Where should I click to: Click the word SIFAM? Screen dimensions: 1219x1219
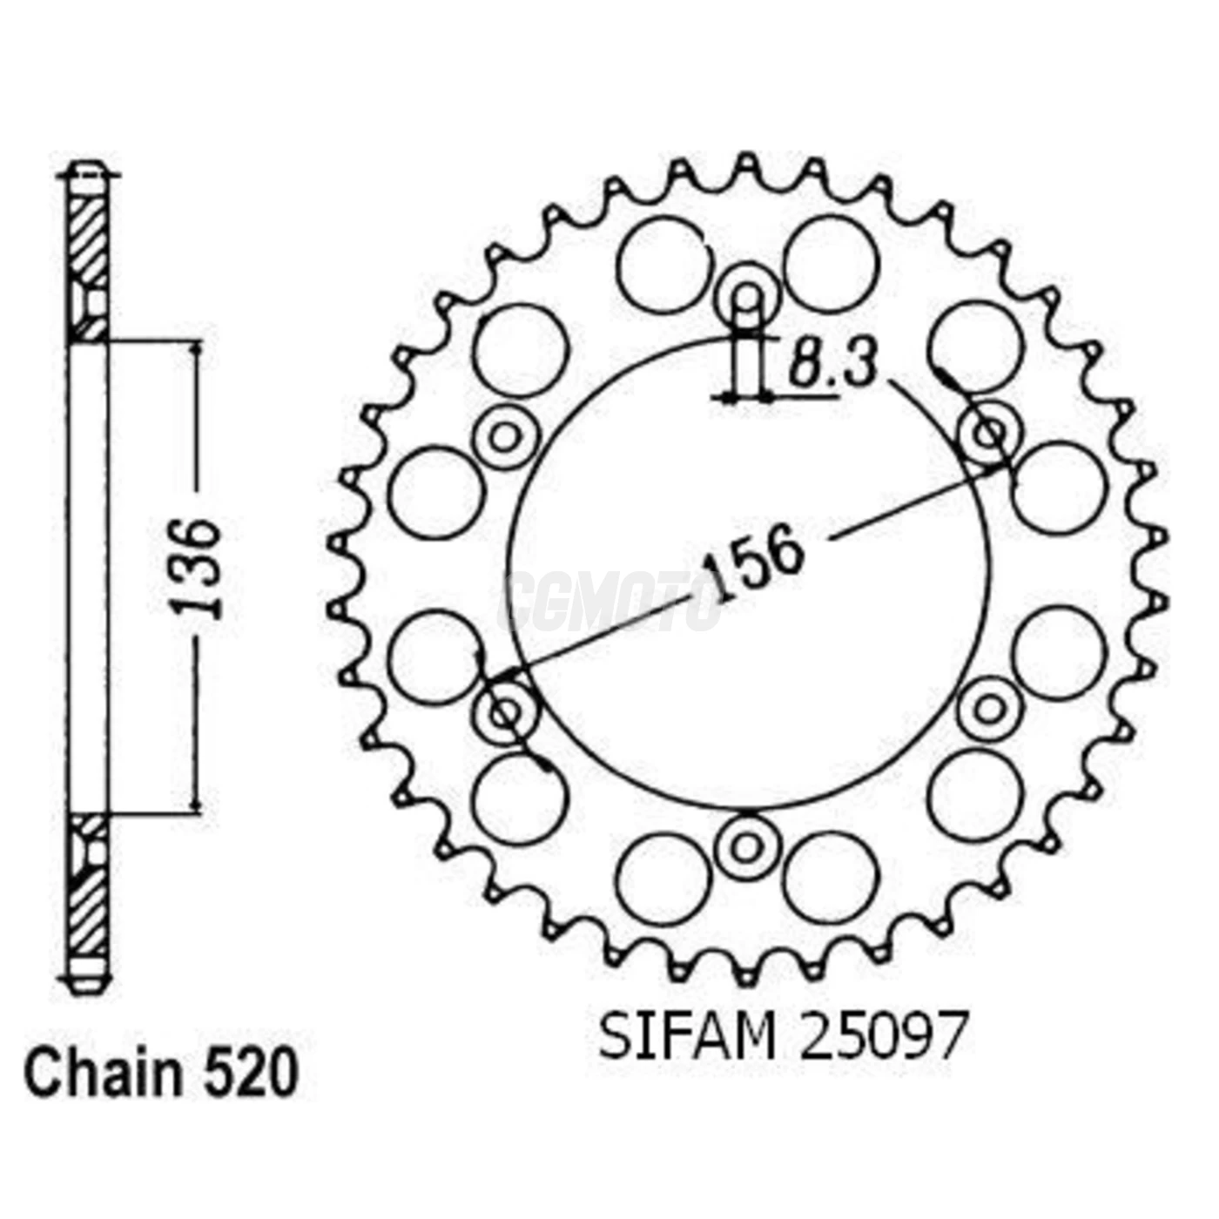point(687,1036)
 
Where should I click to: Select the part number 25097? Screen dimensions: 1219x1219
point(883,1036)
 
